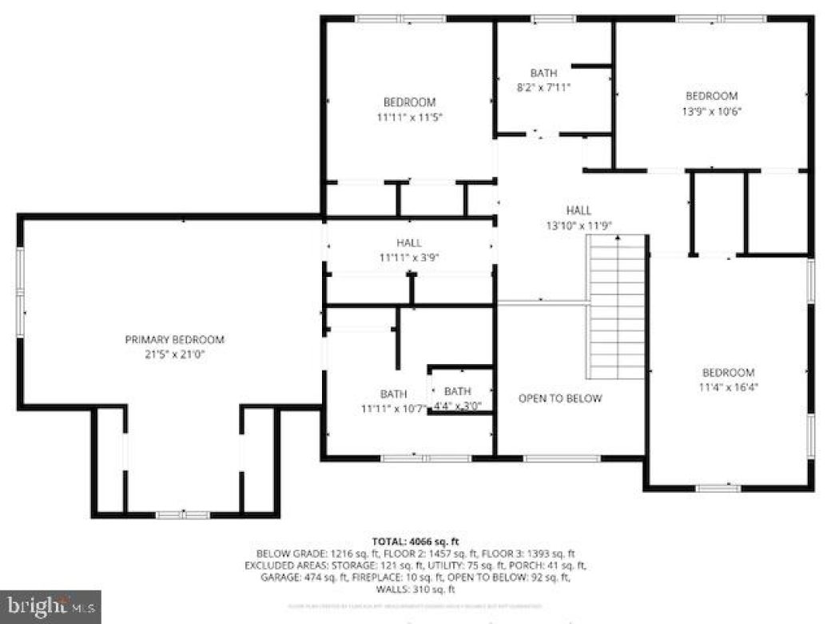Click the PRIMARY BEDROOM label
point(174,339)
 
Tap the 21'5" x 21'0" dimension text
point(174,354)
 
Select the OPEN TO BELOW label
point(560,398)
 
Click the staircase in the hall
point(617,307)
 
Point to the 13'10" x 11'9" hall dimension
point(579,226)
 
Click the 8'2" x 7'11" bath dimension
point(543,88)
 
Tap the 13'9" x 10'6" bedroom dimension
point(710,111)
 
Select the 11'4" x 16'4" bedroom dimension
point(728,386)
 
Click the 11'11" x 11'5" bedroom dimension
point(409,117)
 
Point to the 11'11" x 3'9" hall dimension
point(408,258)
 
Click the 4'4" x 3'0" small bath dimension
point(457,406)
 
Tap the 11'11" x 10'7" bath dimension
point(393,408)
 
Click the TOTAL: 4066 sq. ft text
point(415,542)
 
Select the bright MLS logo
point(50,606)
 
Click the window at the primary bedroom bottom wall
point(182,514)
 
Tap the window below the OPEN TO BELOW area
point(562,458)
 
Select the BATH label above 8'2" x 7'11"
point(543,74)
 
